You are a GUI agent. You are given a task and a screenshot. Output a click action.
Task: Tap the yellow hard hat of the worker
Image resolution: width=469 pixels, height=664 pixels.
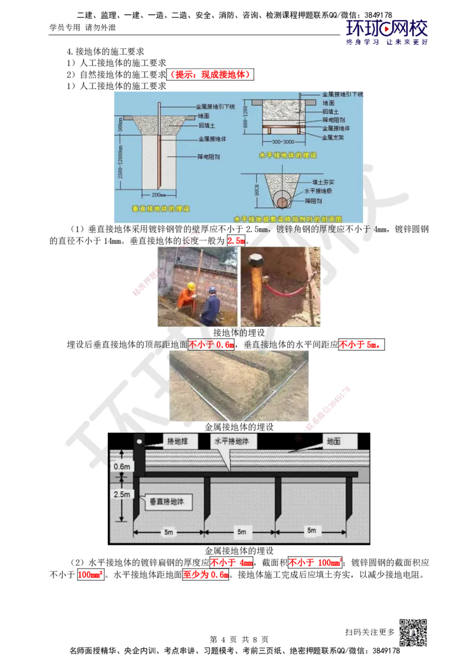[x=191, y=286]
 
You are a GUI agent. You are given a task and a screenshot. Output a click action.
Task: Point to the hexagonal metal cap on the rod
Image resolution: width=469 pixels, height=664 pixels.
[x=257, y=259]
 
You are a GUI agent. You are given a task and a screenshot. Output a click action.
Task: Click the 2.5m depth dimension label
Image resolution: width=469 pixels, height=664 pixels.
[x=121, y=494]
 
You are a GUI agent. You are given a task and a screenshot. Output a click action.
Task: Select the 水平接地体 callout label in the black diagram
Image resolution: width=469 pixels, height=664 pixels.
[x=233, y=441]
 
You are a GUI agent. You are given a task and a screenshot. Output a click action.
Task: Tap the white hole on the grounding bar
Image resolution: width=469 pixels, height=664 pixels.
[x=140, y=441]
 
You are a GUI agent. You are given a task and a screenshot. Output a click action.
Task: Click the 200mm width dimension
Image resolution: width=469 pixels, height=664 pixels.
[x=159, y=194]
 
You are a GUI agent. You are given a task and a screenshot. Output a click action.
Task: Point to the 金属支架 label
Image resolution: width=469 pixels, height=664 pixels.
[x=336, y=137]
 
